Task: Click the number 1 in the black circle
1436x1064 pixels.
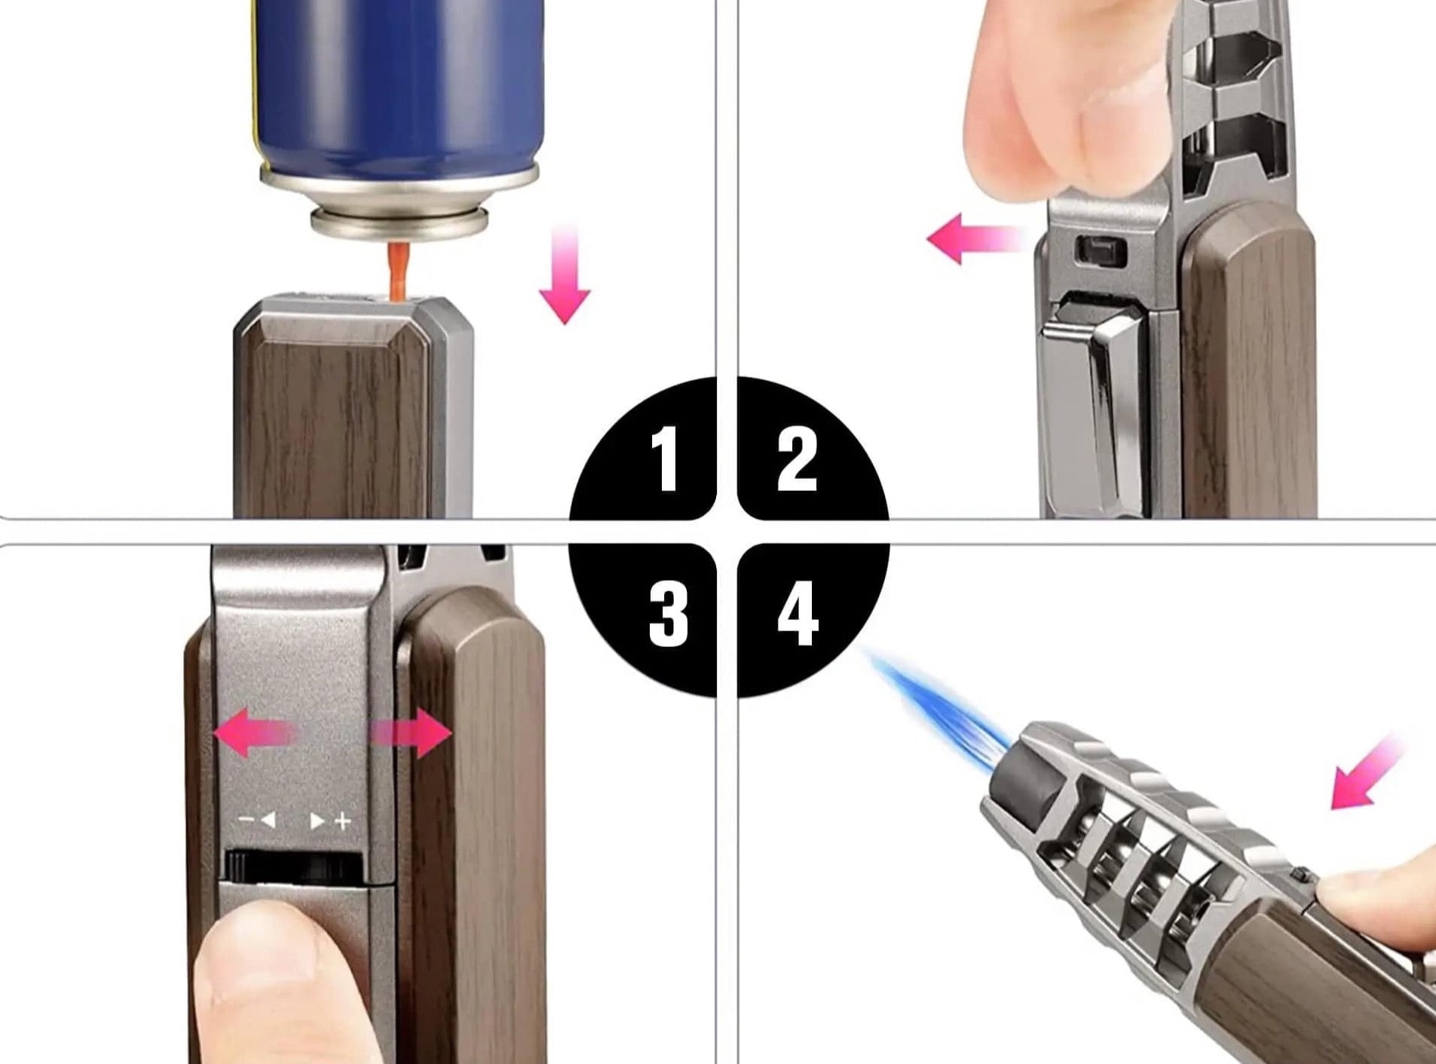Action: pyautogui.click(x=665, y=458)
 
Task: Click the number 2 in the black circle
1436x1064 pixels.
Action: pyautogui.click(x=797, y=458)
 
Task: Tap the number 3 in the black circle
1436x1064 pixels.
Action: pyautogui.click(x=669, y=614)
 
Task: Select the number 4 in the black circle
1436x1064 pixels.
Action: pyautogui.click(x=798, y=614)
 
